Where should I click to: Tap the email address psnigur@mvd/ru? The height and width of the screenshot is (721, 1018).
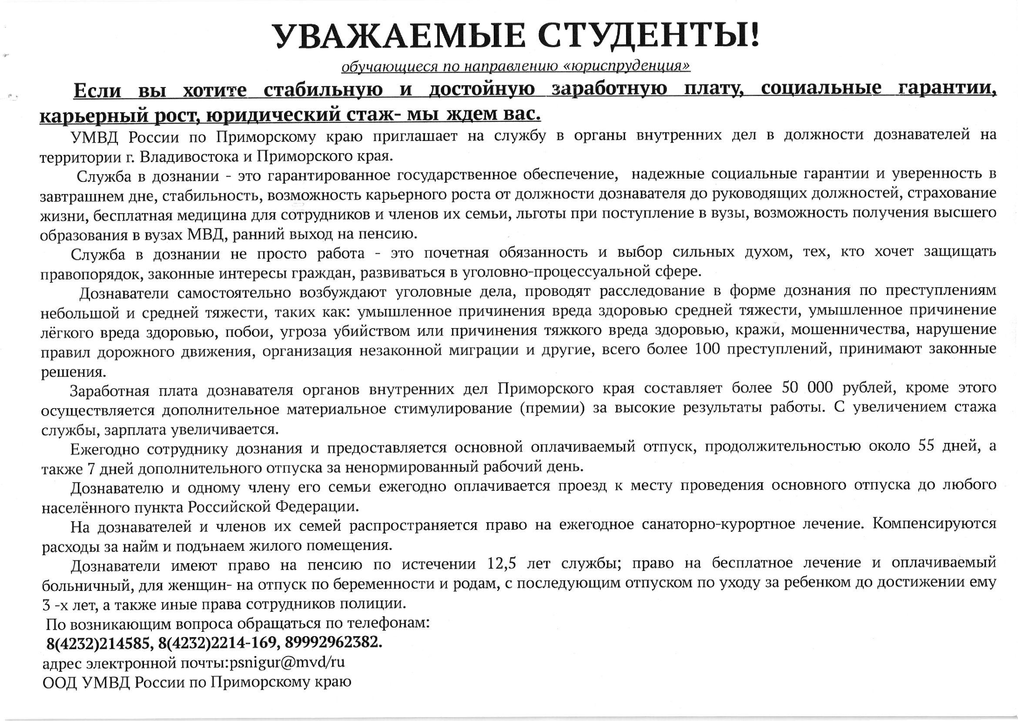pyautogui.click(x=286, y=662)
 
